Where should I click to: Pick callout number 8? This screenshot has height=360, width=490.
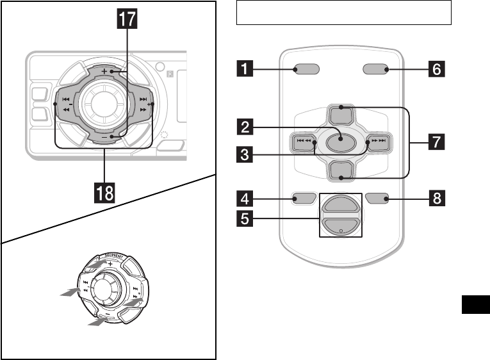(x=436, y=199)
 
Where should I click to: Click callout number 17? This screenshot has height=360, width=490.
(x=127, y=19)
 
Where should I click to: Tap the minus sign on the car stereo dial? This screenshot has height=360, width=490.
(x=111, y=136)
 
